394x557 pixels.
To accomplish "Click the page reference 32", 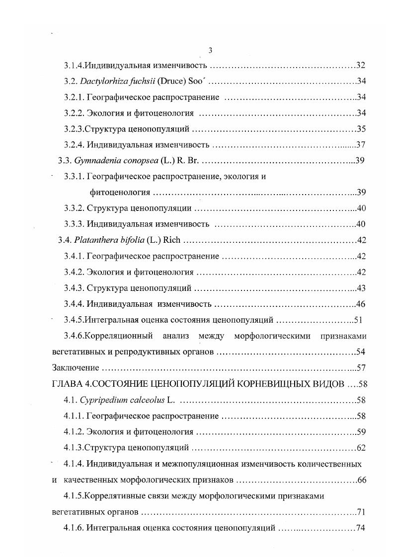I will click(361, 66).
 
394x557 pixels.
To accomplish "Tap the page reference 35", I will click(361, 130).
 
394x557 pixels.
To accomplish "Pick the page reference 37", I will click(361, 145).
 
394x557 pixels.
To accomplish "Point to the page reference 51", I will click(361, 320).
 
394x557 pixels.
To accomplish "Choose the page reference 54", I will click(361, 352).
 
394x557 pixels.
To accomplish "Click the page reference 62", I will click(361, 448).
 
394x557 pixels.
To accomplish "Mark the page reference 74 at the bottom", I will click(361, 528).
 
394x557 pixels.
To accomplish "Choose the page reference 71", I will click(361, 512).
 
